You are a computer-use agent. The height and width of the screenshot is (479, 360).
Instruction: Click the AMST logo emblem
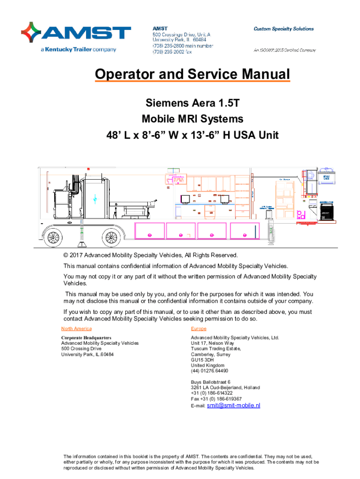click(31, 33)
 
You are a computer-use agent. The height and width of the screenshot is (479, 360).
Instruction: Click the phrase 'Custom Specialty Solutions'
click(283, 29)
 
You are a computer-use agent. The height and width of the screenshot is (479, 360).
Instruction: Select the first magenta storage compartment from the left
click(149, 232)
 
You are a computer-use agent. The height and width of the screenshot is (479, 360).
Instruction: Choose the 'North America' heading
click(77, 329)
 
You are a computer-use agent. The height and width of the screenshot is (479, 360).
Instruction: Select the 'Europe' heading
click(199, 329)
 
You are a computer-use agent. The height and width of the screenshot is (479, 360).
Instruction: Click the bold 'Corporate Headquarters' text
click(86, 337)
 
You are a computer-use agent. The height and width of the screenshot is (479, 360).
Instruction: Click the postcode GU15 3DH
click(202, 360)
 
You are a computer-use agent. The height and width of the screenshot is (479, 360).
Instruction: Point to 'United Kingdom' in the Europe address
click(208, 365)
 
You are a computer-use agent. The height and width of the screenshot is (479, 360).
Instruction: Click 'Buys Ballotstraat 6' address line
click(211, 382)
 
